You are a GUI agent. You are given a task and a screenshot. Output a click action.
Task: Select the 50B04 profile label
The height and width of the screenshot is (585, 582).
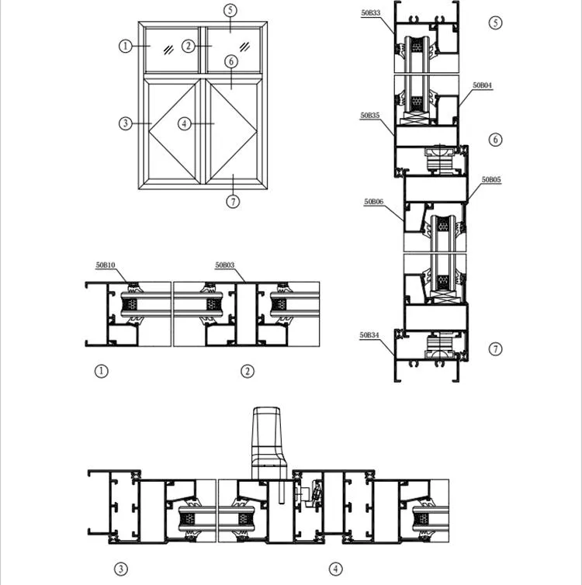click(x=481, y=85)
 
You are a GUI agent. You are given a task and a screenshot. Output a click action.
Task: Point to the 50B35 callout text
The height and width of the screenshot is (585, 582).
click(x=369, y=115)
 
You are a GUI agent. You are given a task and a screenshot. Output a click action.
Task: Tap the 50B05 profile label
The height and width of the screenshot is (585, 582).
click(x=490, y=180)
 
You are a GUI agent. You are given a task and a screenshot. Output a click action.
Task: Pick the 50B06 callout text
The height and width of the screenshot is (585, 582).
click(x=374, y=201)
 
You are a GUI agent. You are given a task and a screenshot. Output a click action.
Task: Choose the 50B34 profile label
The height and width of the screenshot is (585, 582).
click(x=369, y=335)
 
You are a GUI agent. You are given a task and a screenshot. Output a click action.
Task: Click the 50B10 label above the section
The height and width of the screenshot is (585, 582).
click(x=106, y=265)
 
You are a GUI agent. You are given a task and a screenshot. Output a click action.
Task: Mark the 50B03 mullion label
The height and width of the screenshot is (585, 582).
click(x=225, y=265)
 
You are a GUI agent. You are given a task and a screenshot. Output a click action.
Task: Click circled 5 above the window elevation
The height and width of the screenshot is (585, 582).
click(x=230, y=11)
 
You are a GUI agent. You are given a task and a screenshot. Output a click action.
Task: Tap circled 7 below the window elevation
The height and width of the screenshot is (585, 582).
click(x=233, y=202)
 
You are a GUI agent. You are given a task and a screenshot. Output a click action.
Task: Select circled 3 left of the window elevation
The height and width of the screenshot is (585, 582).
click(x=125, y=123)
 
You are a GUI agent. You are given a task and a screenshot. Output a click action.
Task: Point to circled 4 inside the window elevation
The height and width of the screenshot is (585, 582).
click(x=184, y=123)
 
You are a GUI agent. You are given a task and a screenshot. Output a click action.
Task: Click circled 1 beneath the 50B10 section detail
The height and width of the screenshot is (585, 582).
click(x=100, y=371)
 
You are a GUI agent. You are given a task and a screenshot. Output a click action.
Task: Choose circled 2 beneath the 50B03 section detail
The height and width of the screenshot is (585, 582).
click(x=248, y=371)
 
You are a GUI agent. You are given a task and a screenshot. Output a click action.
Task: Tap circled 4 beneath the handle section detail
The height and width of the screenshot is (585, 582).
click(x=335, y=569)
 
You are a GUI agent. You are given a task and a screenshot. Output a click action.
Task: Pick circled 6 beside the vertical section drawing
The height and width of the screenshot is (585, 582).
click(x=496, y=140)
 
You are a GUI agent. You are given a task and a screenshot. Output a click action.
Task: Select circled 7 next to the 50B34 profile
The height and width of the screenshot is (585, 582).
click(x=496, y=349)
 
